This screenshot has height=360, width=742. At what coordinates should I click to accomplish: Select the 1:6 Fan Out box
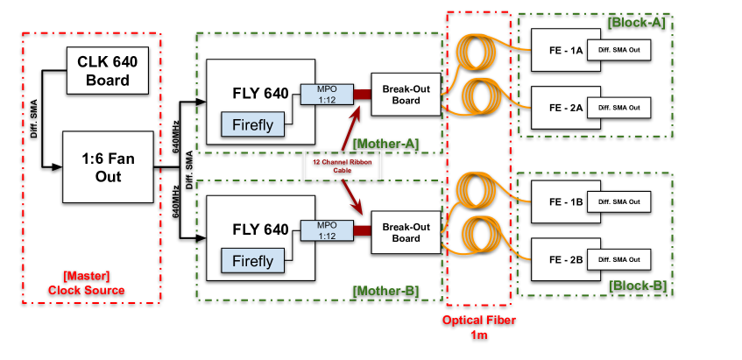(109, 166)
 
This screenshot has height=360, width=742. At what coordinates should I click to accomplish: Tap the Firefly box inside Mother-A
(252, 124)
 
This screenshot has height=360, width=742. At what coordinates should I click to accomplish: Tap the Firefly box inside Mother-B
(252, 260)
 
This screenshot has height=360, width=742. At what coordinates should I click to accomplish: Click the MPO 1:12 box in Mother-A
(326, 94)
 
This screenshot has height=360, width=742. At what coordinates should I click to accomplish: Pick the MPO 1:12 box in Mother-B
(326, 230)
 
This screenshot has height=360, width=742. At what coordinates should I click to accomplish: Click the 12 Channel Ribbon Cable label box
(343, 166)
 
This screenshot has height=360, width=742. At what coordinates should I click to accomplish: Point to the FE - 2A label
(566, 109)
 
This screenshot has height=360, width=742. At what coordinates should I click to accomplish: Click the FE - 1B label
(566, 202)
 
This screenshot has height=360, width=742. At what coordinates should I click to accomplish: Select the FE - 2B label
(566, 260)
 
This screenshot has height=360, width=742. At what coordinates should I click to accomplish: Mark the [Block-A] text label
(637, 23)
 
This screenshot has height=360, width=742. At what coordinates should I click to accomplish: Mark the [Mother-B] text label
(385, 290)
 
